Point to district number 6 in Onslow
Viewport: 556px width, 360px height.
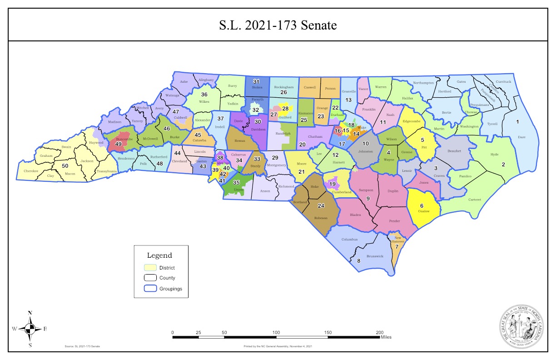tap(422, 206)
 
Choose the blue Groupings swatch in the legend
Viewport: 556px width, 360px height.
tap(150, 288)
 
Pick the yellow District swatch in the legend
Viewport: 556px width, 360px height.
tap(150, 267)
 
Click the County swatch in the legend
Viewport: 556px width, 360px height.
tap(150, 278)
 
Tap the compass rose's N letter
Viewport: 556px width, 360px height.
tap(30, 313)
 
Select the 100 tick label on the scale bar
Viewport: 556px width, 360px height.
tap(276, 333)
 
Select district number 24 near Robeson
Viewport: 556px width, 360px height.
tap(321, 205)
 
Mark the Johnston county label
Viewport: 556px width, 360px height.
tap(365, 151)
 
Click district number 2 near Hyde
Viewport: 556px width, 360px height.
tap(503, 165)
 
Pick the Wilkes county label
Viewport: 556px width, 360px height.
tap(204, 102)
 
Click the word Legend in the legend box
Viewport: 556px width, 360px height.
tap(159, 255)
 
